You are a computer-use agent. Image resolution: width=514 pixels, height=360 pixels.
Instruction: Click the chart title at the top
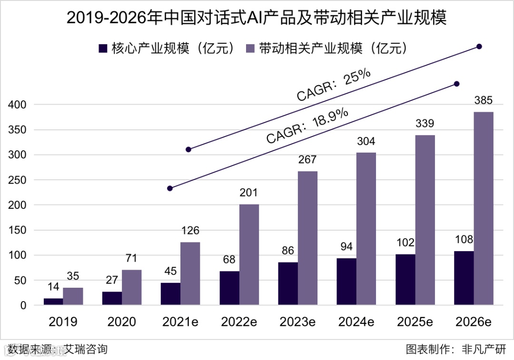click(257, 18)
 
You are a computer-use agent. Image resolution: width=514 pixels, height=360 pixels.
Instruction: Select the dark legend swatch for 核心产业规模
click(103, 49)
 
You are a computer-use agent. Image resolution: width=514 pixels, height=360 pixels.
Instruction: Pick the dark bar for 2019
click(53, 302)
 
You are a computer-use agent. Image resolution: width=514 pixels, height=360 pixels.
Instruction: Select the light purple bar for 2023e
click(307, 238)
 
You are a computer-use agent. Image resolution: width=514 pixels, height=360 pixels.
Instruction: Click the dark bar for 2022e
click(229, 288)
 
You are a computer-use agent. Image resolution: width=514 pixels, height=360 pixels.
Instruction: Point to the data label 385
click(483, 101)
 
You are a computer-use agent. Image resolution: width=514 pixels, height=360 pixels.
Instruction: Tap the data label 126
click(190, 231)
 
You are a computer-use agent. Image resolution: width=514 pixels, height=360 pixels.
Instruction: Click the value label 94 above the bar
click(346, 247)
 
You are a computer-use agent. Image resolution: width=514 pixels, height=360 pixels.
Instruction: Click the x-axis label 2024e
click(356, 322)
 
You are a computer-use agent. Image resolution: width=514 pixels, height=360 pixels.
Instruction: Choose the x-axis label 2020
click(121, 322)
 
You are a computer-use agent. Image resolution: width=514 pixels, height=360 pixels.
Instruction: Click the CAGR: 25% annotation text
click(334, 86)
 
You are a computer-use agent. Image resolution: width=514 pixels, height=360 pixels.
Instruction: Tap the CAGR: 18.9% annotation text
click(307, 126)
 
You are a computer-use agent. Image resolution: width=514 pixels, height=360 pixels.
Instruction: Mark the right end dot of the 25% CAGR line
click(479, 47)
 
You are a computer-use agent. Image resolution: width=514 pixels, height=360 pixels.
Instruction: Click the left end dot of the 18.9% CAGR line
click(170, 188)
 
